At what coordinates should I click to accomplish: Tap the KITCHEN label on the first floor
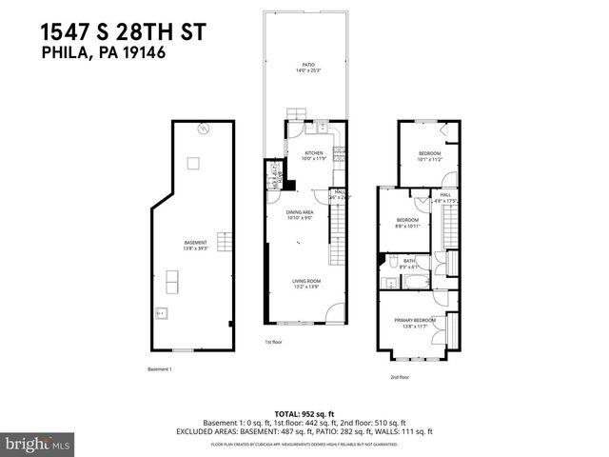click(313, 153)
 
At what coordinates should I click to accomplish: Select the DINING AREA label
click(303, 212)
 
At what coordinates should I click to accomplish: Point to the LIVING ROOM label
click(304, 281)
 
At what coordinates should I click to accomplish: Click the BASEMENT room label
click(194, 243)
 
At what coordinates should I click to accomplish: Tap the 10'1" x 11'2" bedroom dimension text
click(429, 160)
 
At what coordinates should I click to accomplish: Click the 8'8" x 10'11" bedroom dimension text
click(407, 227)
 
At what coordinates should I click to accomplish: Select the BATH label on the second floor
click(408, 260)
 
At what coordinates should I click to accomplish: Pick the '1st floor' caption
click(274, 342)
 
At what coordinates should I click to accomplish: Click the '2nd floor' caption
click(399, 377)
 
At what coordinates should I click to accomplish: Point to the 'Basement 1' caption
click(159, 368)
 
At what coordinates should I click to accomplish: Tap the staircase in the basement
click(226, 241)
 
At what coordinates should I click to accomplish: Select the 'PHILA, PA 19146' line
click(105, 53)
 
